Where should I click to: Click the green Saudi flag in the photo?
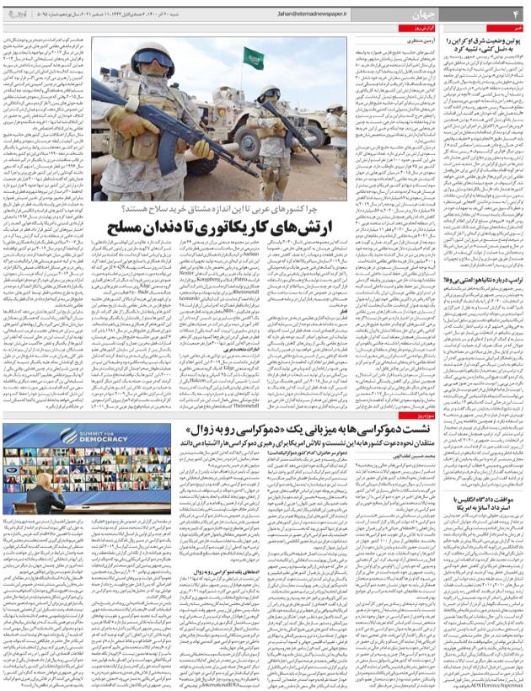[x=253, y=59]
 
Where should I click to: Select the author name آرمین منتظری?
[x=404, y=37]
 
